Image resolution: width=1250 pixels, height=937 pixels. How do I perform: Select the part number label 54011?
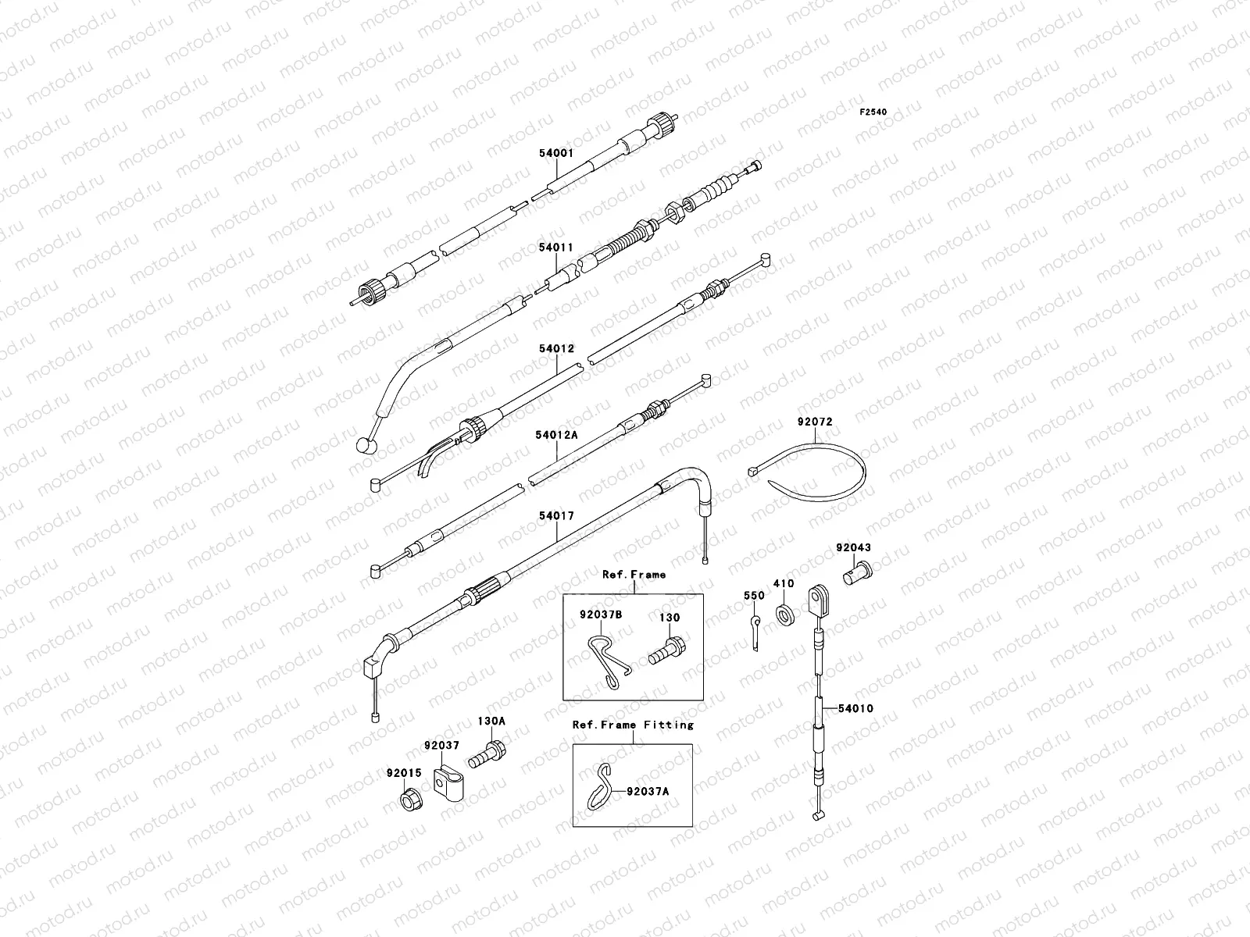tap(555, 248)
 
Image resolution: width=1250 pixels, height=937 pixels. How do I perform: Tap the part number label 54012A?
tap(556, 434)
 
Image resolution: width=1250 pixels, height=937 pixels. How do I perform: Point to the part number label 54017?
tap(555, 516)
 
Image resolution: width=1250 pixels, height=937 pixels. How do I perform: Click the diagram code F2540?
tap(873, 112)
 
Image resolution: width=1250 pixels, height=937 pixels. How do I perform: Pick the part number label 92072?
tap(815, 422)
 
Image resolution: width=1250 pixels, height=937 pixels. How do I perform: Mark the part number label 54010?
tap(855, 709)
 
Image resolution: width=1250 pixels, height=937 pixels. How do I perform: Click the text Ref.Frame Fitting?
tap(633, 725)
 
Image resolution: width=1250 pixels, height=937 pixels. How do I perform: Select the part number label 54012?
tap(555, 348)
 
